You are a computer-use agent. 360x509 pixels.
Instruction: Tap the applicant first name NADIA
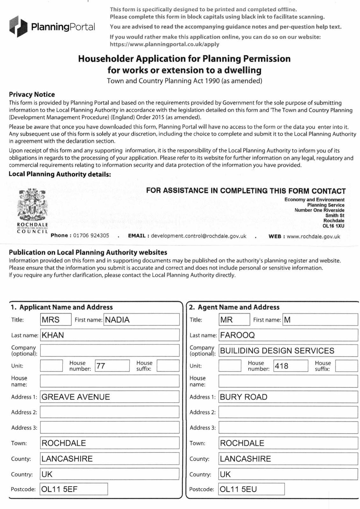click(x=117, y=320)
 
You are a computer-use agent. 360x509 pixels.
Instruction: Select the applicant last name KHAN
click(x=53, y=335)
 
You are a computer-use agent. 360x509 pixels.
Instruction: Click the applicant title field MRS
click(x=51, y=320)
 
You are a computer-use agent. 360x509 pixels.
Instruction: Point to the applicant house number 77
click(x=101, y=366)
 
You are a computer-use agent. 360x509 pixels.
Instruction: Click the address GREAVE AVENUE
click(x=76, y=397)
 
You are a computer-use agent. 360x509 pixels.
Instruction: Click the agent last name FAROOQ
click(x=237, y=335)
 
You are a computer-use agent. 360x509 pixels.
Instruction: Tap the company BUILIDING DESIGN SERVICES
click(x=277, y=351)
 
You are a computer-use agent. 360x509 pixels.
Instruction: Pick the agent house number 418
click(x=282, y=366)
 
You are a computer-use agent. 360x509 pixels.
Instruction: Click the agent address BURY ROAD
click(x=244, y=397)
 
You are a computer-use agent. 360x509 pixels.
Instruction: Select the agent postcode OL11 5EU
click(x=238, y=489)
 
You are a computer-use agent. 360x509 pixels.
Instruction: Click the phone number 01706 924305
click(x=91, y=236)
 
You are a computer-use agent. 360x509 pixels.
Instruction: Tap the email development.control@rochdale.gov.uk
click(x=199, y=236)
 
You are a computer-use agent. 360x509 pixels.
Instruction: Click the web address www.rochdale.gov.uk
click(x=313, y=236)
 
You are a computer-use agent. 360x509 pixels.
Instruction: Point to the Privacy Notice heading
click(x=32, y=94)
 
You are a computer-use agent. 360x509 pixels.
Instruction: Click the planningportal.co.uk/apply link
click(x=165, y=44)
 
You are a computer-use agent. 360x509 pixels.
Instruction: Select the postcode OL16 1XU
click(x=333, y=226)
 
